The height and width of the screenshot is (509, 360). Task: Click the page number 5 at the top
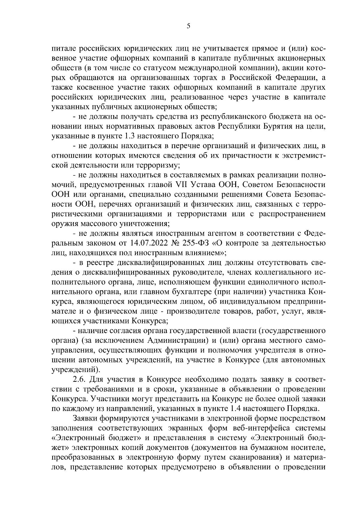pos(188,26)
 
